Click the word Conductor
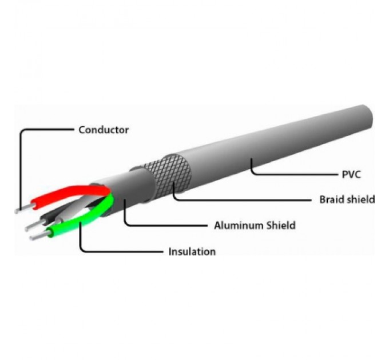pyautogui.click(x=104, y=130)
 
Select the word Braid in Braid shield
pyautogui.click(x=332, y=199)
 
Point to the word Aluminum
pyautogui.click(x=239, y=225)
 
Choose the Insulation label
pyautogui.click(x=192, y=251)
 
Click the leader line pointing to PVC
pyautogui.click(x=286, y=173)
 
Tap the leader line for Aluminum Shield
pyautogui.click(x=166, y=225)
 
